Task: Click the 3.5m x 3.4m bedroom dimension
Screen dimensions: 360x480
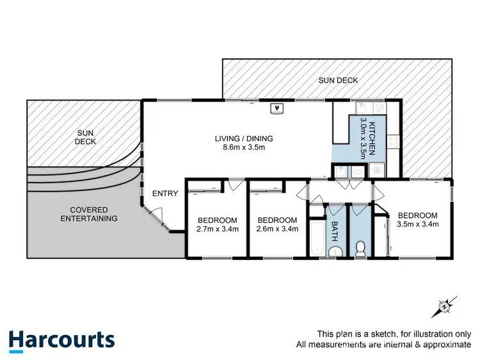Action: click(417, 225)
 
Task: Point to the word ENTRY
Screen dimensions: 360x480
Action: click(164, 193)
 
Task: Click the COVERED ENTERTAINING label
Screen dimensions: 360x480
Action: click(89, 214)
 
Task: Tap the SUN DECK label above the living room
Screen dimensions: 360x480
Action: click(339, 80)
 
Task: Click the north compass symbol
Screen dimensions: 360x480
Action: click(444, 307)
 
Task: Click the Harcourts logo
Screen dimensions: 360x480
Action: click(61, 340)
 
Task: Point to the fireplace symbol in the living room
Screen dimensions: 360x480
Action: click(277, 109)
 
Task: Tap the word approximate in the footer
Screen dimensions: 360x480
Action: click(449, 345)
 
